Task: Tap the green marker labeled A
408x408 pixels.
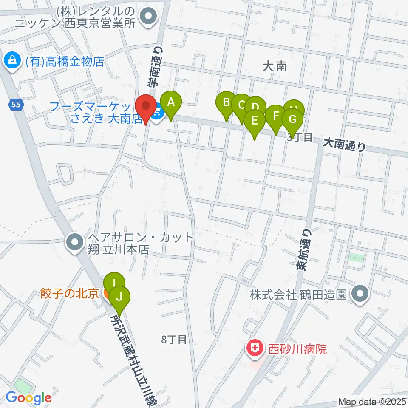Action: click(171, 103)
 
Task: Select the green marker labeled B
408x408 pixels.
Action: click(226, 103)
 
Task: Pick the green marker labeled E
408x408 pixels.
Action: click(255, 121)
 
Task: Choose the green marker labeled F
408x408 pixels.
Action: click(276, 116)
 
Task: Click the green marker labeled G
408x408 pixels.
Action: click(292, 119)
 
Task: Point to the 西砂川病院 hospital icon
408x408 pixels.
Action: click(255, 349)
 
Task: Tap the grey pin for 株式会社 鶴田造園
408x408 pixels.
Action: click(361, 294)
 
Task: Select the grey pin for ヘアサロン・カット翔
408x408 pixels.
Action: click(75, 243)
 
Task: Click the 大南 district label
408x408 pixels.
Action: click(275, 66)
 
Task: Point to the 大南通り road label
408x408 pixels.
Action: click(344, 144)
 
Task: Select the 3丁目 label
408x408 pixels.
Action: click(300, 137)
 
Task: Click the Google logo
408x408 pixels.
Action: click(28, 398)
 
